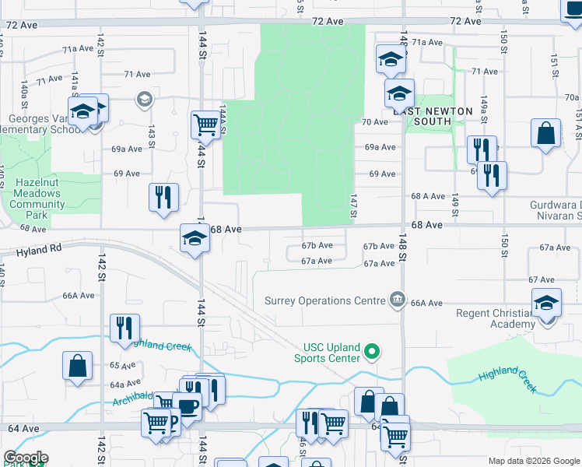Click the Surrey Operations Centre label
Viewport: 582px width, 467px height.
point(324,300)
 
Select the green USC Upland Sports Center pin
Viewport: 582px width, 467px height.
point(372,353)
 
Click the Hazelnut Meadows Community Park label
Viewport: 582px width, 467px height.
point(37,198)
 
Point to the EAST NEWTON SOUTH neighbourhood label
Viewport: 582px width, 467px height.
point(432,116)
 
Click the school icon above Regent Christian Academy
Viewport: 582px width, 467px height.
point(546,302)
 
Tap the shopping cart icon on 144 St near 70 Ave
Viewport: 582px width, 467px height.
point(205,124)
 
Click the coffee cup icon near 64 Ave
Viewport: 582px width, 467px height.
point(187,405)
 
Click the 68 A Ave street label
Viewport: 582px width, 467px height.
point(427,197)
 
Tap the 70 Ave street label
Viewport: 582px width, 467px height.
point(375,122)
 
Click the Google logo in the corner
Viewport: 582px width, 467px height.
point(26,458)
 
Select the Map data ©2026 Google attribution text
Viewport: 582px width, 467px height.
point(534,462)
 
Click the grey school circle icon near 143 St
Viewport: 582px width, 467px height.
point(143,99)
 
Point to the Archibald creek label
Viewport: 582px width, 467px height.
point(133,399)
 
